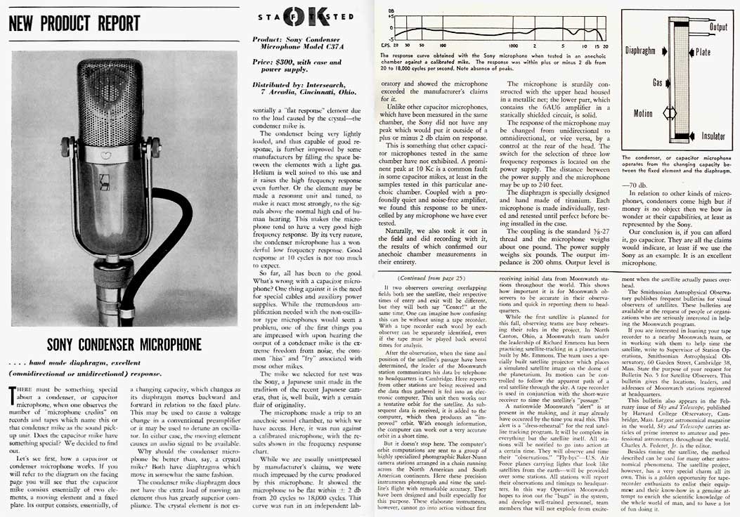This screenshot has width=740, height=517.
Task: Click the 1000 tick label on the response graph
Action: coord(513,45)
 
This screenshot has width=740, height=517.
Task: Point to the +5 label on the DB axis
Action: coord(391,15)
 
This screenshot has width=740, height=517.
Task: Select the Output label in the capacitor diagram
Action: coord(718,27)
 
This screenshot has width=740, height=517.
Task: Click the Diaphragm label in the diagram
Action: coord(644,51)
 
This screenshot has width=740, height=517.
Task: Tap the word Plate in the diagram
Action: coord(703,51)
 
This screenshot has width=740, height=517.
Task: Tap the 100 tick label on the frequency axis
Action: coord(443,45)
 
